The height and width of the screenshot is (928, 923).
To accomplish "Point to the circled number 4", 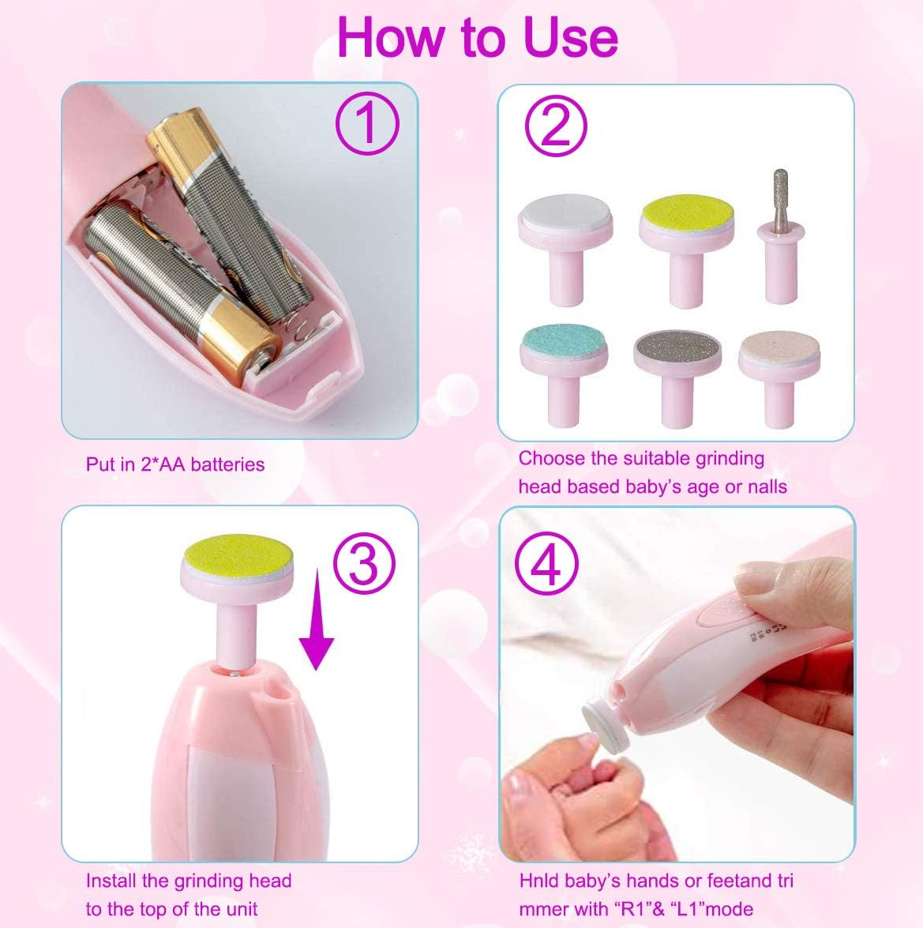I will [x=547, y=562].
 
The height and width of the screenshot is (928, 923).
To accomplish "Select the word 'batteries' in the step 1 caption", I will [x=227, y=464].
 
